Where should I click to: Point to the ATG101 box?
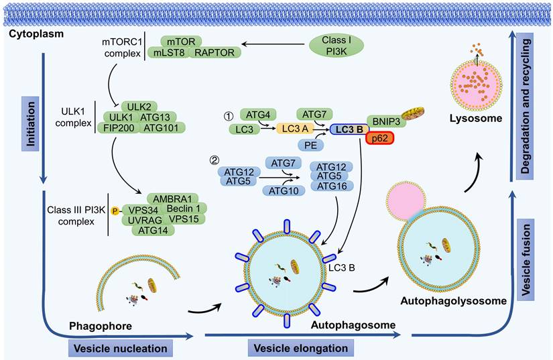tap(162, 127)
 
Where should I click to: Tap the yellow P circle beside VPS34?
tap(115, 209)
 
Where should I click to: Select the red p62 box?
tap(379, 137)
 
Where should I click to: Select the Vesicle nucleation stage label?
tap(119, 349)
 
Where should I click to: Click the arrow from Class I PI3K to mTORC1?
tap(274, 45)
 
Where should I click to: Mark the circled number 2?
tap(214, 162)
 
